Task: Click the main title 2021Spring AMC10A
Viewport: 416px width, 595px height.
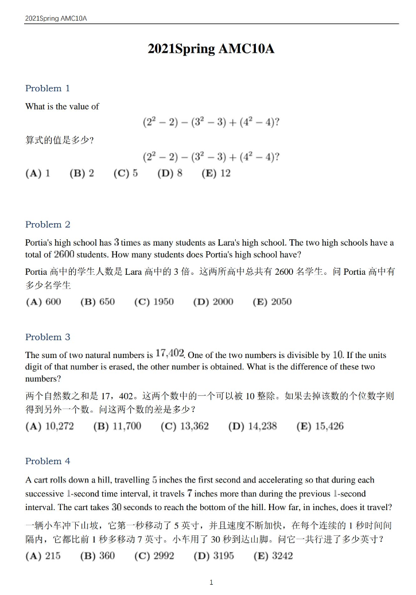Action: point(211,49)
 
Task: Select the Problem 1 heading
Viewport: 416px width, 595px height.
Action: point(48,88)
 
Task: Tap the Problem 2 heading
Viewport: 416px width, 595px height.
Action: point(48,224)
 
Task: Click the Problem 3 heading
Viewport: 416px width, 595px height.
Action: point(48,337)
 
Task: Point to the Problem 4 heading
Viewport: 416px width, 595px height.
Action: point(48,461)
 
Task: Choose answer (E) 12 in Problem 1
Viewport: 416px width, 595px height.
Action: point(216,173)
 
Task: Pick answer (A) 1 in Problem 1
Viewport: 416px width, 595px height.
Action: point(38,173)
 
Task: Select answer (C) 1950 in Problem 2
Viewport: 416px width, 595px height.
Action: point(154,302)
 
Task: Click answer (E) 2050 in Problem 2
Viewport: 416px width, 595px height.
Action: point(272,302)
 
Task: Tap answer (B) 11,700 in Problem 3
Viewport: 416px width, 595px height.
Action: point(117,426)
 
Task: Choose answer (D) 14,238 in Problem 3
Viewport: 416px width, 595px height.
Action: point(252,426)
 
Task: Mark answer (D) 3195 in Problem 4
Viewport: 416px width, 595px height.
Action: point(213,556)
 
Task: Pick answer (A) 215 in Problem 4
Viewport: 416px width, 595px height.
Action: point(43,556)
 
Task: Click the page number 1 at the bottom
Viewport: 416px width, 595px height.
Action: point(211,582)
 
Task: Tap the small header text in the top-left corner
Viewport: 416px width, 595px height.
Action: point(56,18)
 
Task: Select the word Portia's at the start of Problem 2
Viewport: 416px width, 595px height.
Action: point(40,243)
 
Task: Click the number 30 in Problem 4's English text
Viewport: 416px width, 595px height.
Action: point(116,507)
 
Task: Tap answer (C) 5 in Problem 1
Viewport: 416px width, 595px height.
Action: point(126,173)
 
